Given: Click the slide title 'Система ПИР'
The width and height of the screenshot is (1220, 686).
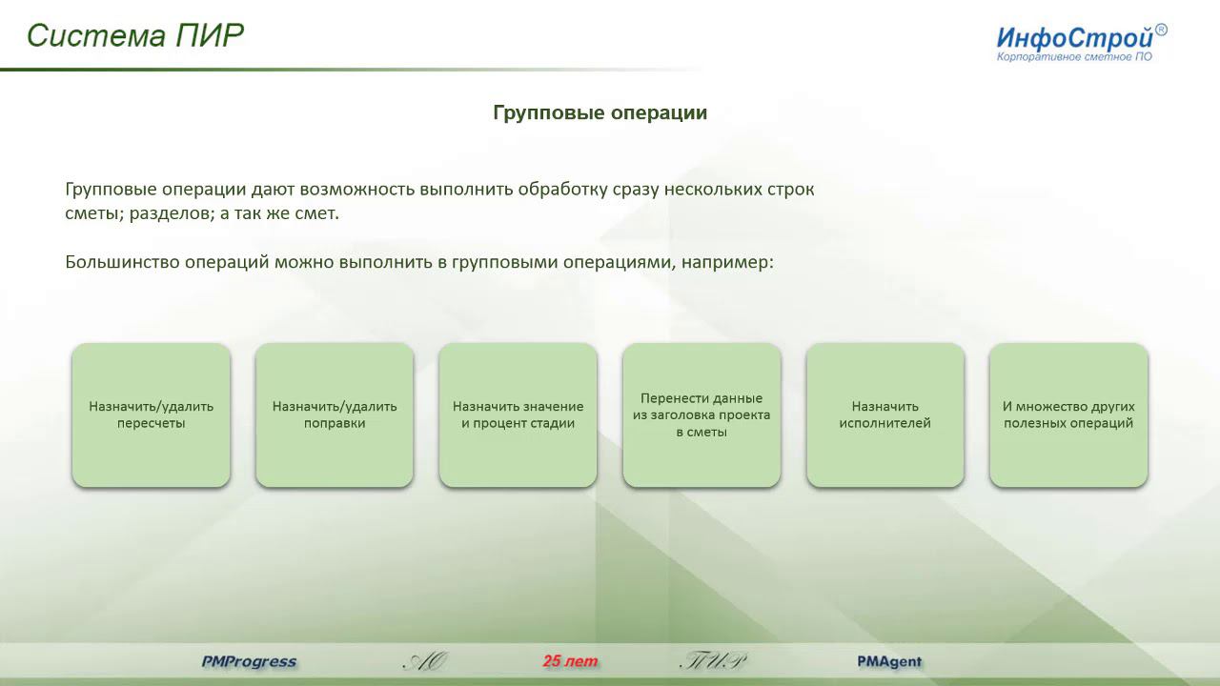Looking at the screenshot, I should [135, 35].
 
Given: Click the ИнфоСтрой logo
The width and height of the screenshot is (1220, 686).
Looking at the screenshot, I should [1074, 39].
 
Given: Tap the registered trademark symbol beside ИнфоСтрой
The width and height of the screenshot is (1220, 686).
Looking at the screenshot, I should [1161, 30].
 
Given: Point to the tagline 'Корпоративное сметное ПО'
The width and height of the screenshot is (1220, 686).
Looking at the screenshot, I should [1074, 58].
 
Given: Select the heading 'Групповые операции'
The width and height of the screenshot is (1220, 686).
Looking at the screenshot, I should [600, 112].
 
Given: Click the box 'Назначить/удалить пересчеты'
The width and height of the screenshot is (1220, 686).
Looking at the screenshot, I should [151, 415].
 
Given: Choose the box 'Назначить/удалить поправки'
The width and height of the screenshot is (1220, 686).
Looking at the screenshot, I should [335, 415].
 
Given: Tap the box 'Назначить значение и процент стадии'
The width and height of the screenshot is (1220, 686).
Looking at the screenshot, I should [518, 415].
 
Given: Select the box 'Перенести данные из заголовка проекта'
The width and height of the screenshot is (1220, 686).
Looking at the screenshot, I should [701, 415].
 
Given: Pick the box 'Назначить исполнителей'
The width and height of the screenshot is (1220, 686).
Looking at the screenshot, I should [884, 415].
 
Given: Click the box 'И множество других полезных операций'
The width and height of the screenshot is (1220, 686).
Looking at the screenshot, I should [1068, 415].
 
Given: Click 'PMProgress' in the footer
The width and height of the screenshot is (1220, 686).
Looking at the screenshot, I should [249, 661].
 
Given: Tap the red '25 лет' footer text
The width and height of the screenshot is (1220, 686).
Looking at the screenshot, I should [570, 661].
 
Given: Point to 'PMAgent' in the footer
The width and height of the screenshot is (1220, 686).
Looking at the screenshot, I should [889, 661].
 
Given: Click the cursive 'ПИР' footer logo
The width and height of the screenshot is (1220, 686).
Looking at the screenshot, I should [713, 661].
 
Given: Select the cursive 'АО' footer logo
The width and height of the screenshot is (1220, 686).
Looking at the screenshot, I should [425, 661].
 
